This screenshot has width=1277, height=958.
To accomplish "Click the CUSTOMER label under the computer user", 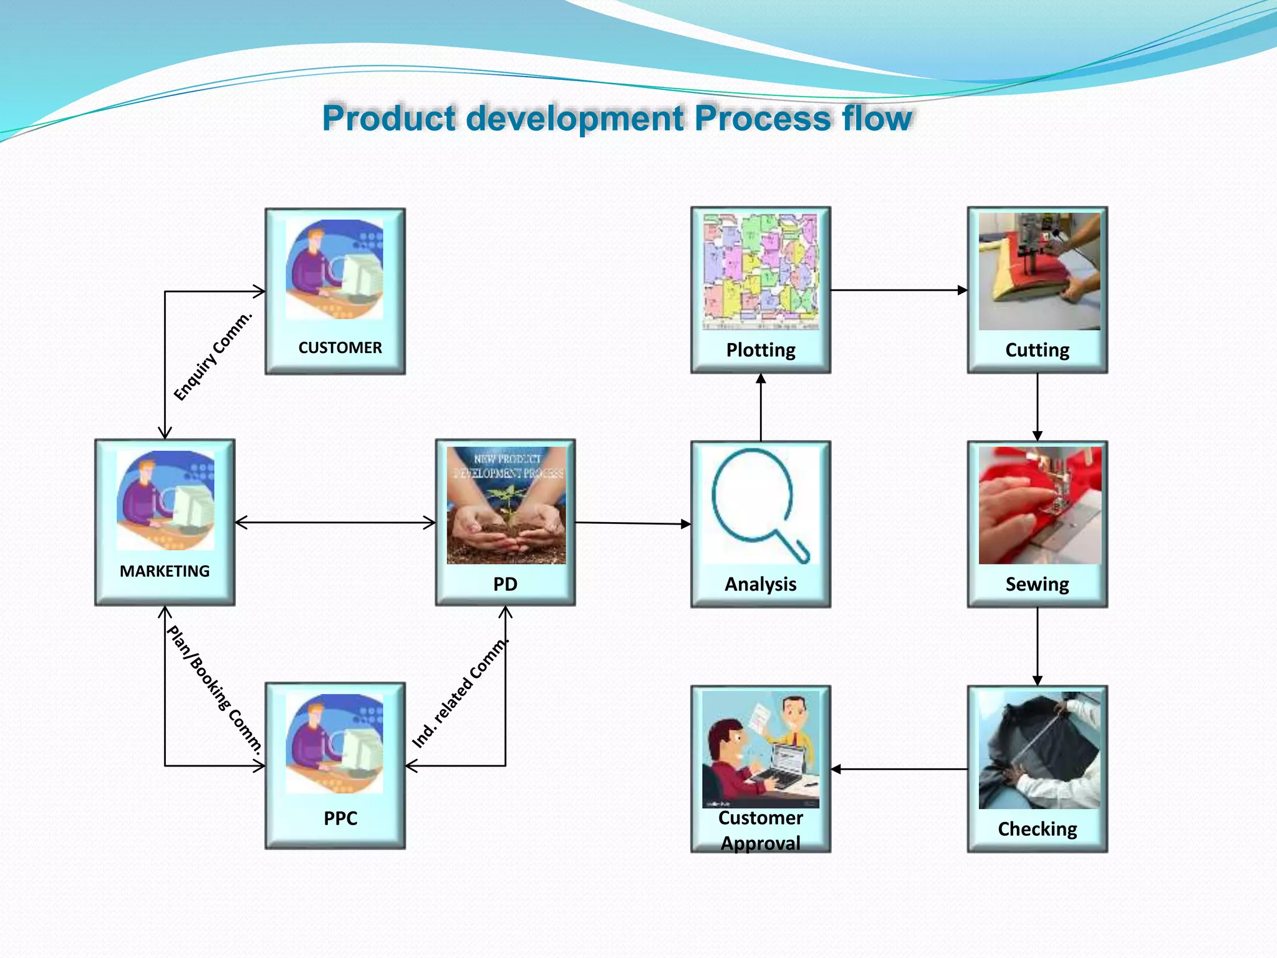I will point(340,347).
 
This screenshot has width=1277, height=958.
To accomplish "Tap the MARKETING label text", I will point(165,571).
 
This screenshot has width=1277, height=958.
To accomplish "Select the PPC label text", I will point(340,818).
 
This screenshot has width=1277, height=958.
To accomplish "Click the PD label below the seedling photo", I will point(505,584).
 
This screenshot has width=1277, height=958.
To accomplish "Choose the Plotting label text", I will point(761,349).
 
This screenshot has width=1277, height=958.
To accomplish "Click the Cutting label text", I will point(1037,349).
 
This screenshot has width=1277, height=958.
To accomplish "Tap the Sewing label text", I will point(1037,584).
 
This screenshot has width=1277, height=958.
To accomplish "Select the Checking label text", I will point(1037,828).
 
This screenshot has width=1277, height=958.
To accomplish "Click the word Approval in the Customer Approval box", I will point(761,843).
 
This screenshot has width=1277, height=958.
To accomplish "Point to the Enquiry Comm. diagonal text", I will point(213,357).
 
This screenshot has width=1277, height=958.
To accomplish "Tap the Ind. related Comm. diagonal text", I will point(461,693).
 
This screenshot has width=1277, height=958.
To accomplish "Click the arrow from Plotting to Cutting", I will point(898,290).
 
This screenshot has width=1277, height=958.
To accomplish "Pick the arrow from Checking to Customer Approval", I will point(898,769).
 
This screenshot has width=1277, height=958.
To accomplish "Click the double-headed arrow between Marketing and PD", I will point(335,523).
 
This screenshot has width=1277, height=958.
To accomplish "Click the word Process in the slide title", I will point(763,118).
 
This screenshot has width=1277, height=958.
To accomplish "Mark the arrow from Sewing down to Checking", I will point(1038,646).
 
